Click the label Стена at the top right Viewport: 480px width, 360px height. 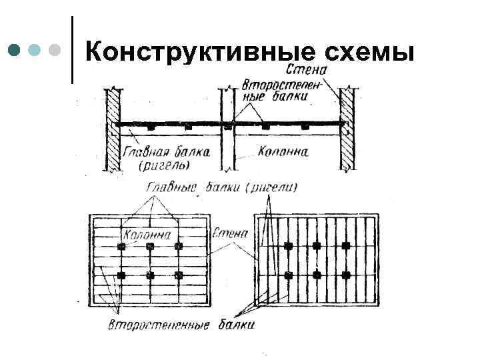[x=305, y=69]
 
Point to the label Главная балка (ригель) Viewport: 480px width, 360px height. [x=167, y=157]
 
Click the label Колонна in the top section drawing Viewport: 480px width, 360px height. [x=283, y=151]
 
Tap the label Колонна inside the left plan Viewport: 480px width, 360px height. [x=147, y=235]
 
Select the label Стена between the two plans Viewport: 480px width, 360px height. [x=231, y=234]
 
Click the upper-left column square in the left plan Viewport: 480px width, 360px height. [x=121, y=247]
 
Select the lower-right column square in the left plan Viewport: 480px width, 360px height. [x=179, y=275]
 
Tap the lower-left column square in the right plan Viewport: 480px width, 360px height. [x=288, y=274]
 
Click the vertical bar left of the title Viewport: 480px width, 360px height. [x=72, y=50]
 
